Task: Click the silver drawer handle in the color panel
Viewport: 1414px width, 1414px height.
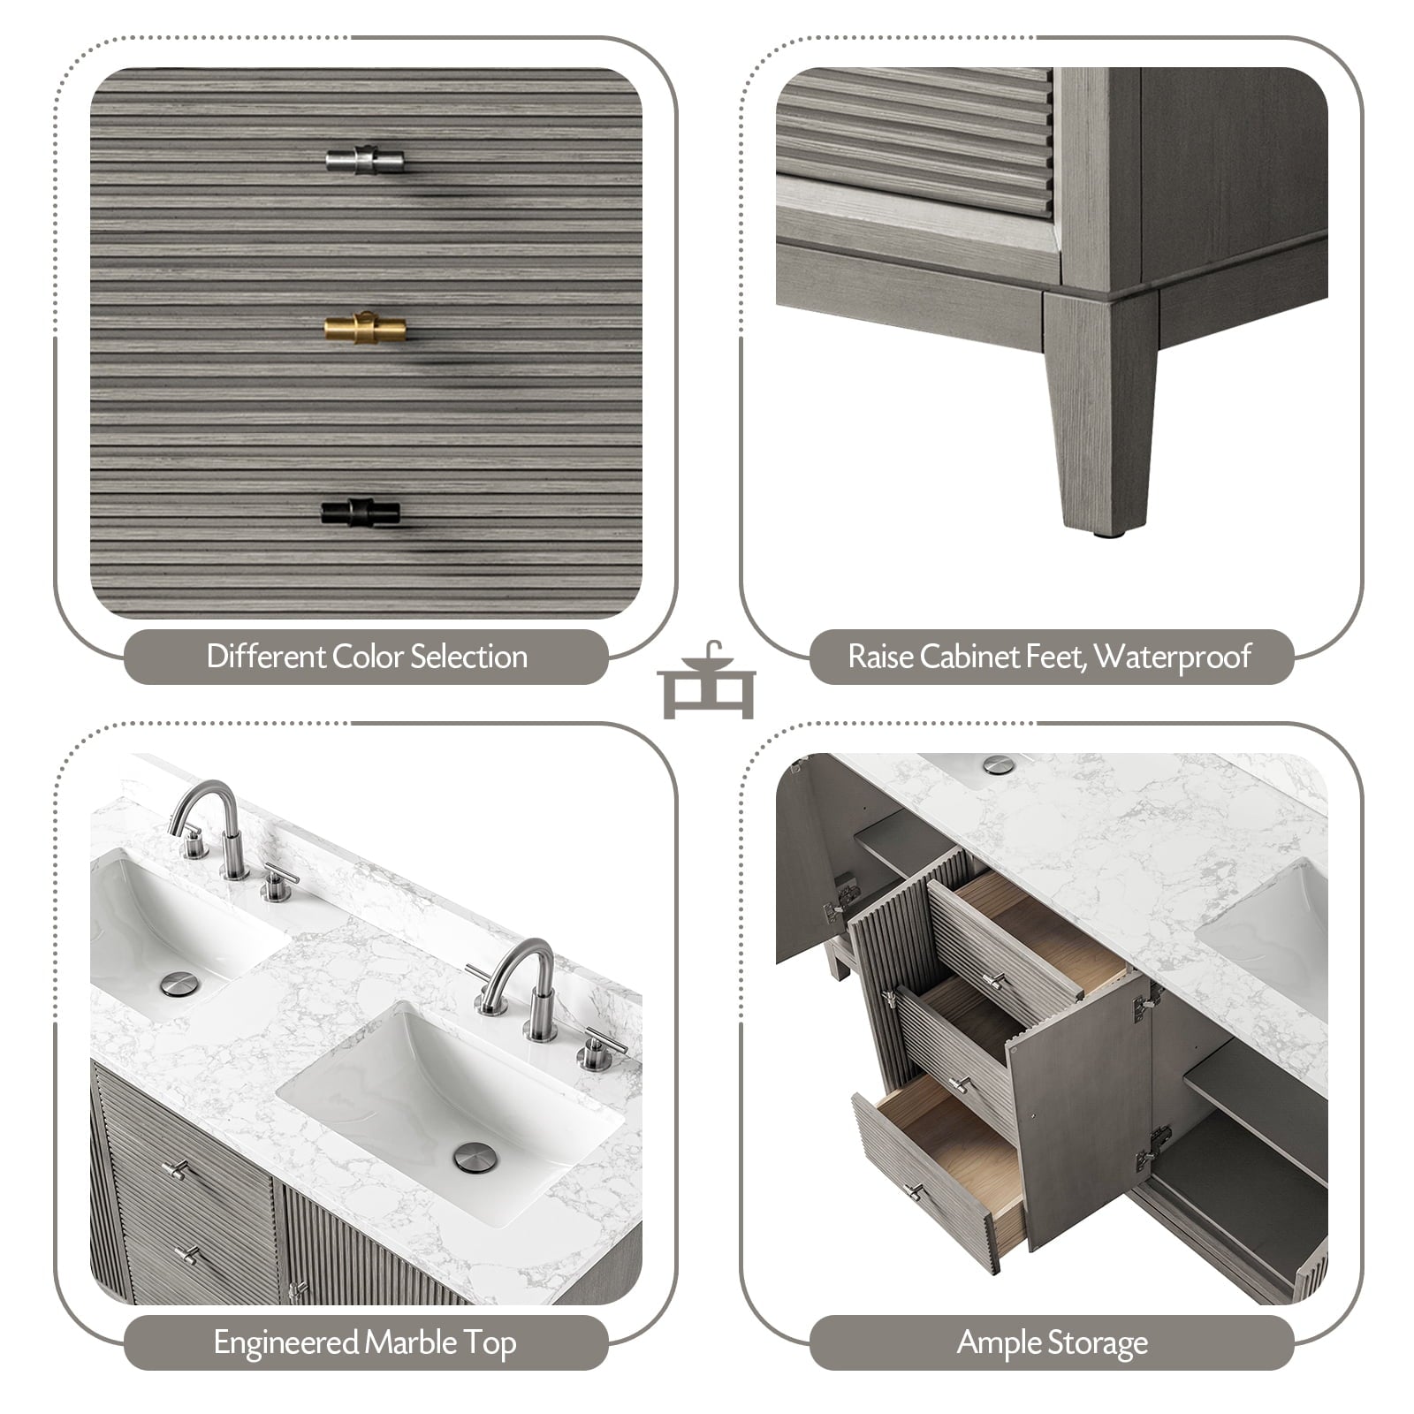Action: click(364, 160)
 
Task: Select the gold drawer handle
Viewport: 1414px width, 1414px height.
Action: click(365, 328)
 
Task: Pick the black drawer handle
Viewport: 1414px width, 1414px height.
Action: click(361, 512)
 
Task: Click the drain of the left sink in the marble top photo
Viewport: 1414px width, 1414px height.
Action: click(180, 984)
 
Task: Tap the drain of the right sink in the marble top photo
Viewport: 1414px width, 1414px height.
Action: click(475, 1157)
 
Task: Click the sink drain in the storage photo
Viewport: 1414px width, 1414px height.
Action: click(1000, 764)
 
